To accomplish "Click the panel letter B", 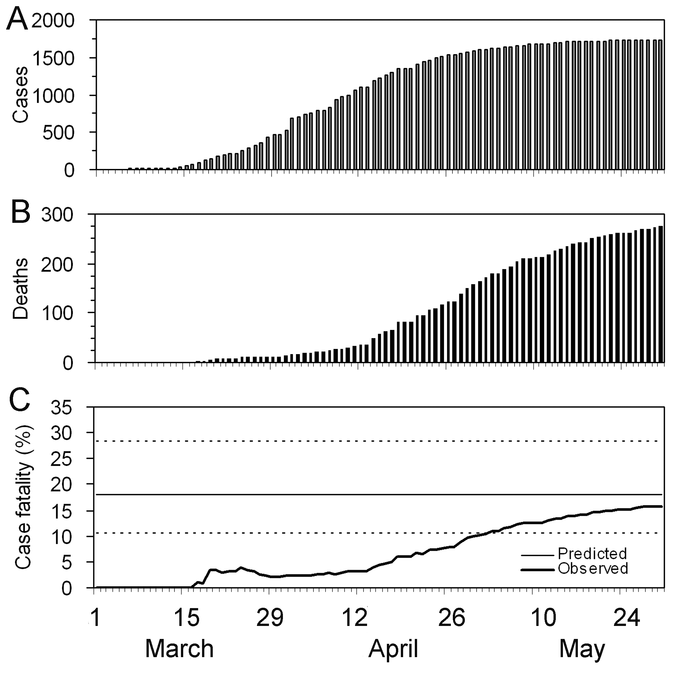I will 20,213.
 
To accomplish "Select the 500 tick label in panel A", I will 59,133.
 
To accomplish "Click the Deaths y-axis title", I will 20,288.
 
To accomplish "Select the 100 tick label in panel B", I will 57,313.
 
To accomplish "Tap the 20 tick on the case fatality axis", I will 66,485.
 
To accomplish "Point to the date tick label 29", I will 270,618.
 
